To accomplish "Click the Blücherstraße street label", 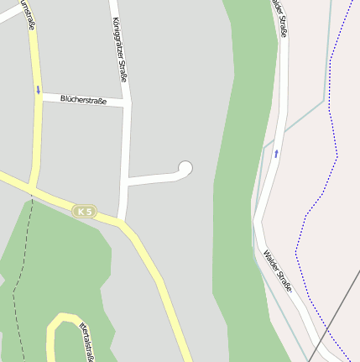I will [x=83, y=99].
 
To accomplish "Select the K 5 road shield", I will [x=84, y=211].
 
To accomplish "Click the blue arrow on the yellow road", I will [x=38, y=89].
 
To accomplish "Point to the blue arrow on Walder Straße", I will [x=275, y=153].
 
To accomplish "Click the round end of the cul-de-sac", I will [x=185, y=169].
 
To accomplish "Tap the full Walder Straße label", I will [x=278, y=270].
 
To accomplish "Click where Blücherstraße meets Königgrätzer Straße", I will [x=127, y=103].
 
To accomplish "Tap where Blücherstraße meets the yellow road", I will [x=38, y=96].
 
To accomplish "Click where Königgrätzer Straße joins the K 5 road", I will [x=122, y=221].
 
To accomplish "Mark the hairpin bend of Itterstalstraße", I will [x=59, y=319].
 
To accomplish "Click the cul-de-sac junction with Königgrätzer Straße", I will [x=126, y=180].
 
